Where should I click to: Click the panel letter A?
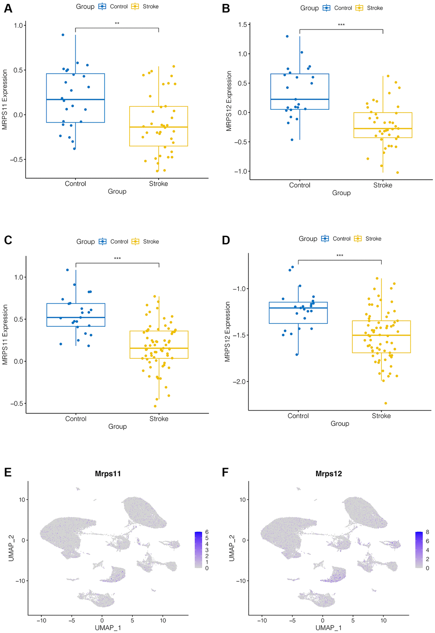coord(8,8)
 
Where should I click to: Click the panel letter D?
coord(226,240)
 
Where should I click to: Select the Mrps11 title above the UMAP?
coord(108,474)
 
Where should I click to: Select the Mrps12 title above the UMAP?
coord(328,474)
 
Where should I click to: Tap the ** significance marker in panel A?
coord(117,24)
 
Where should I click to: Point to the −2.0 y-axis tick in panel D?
coord(239,381)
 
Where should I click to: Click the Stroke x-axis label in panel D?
coord(381,416)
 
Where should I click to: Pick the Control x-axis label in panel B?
coord(300,185)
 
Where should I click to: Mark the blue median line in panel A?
coord(75,100)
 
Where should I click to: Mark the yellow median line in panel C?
coord(159,348)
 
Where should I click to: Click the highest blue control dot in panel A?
coord(63,35)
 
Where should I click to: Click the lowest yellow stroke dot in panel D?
coord(386,403)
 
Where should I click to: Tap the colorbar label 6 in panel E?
coord(207,532)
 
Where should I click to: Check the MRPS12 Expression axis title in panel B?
coord(229,101)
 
